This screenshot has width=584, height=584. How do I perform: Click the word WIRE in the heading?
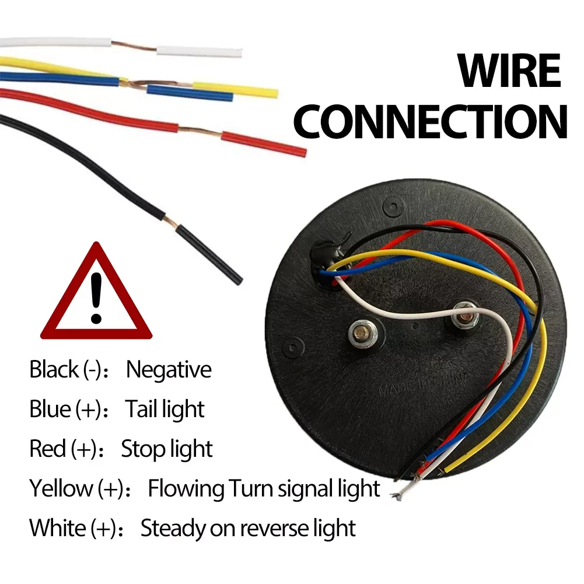click(509, 71)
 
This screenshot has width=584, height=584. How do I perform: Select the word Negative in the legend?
click(169, 370)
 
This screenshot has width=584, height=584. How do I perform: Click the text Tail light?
click(165, 410)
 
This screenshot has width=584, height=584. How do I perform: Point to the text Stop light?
click(167, 449)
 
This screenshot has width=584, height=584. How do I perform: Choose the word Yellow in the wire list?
click(61, 488)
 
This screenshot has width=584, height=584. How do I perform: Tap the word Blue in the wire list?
click(50, 410)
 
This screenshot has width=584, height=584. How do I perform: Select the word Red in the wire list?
click(47, 449)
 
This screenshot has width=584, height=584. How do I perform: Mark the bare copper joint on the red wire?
click(199, 131)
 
